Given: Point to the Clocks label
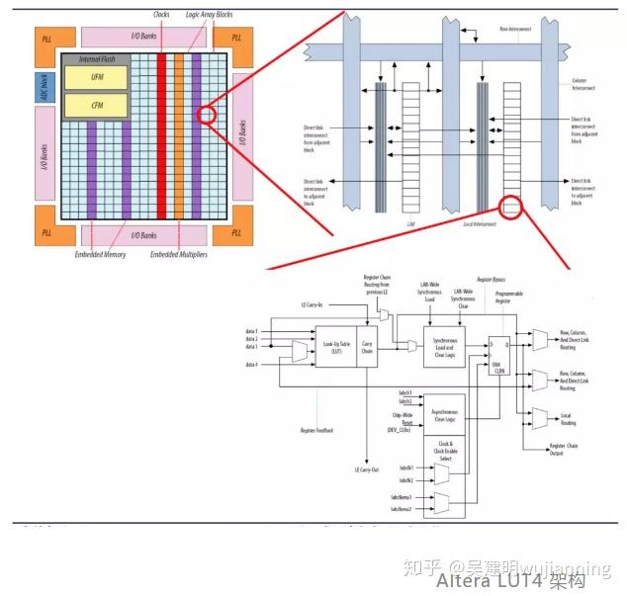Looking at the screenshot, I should coord(162,15).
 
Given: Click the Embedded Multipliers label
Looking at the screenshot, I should coord(178,255).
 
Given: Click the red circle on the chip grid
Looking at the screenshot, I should coord(206,115).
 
